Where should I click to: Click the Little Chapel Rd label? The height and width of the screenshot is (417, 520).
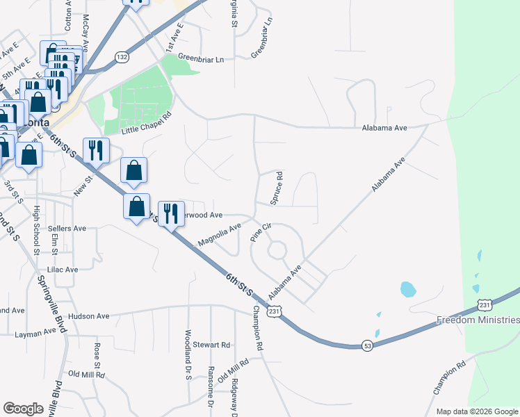[x=146, y=122]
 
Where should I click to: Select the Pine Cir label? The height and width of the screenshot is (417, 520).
[x=261, y=232]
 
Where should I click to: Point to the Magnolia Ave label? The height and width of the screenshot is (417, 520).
[x=219, y=236]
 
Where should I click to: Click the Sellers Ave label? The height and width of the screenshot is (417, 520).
[x=67, y=228]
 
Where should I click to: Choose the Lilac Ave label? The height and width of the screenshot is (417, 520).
[x=62, y=268]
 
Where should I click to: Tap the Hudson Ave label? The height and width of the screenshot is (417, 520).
[x=89, y=316]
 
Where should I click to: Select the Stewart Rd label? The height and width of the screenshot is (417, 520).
[x=211, y=344]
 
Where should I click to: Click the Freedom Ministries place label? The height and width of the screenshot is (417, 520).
[x=478, y=320]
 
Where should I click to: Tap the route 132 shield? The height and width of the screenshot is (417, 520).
[x=122, y=57]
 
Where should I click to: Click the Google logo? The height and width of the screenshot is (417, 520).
[x=23, y=408]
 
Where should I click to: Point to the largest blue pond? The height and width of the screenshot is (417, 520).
[x=408, y=288]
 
